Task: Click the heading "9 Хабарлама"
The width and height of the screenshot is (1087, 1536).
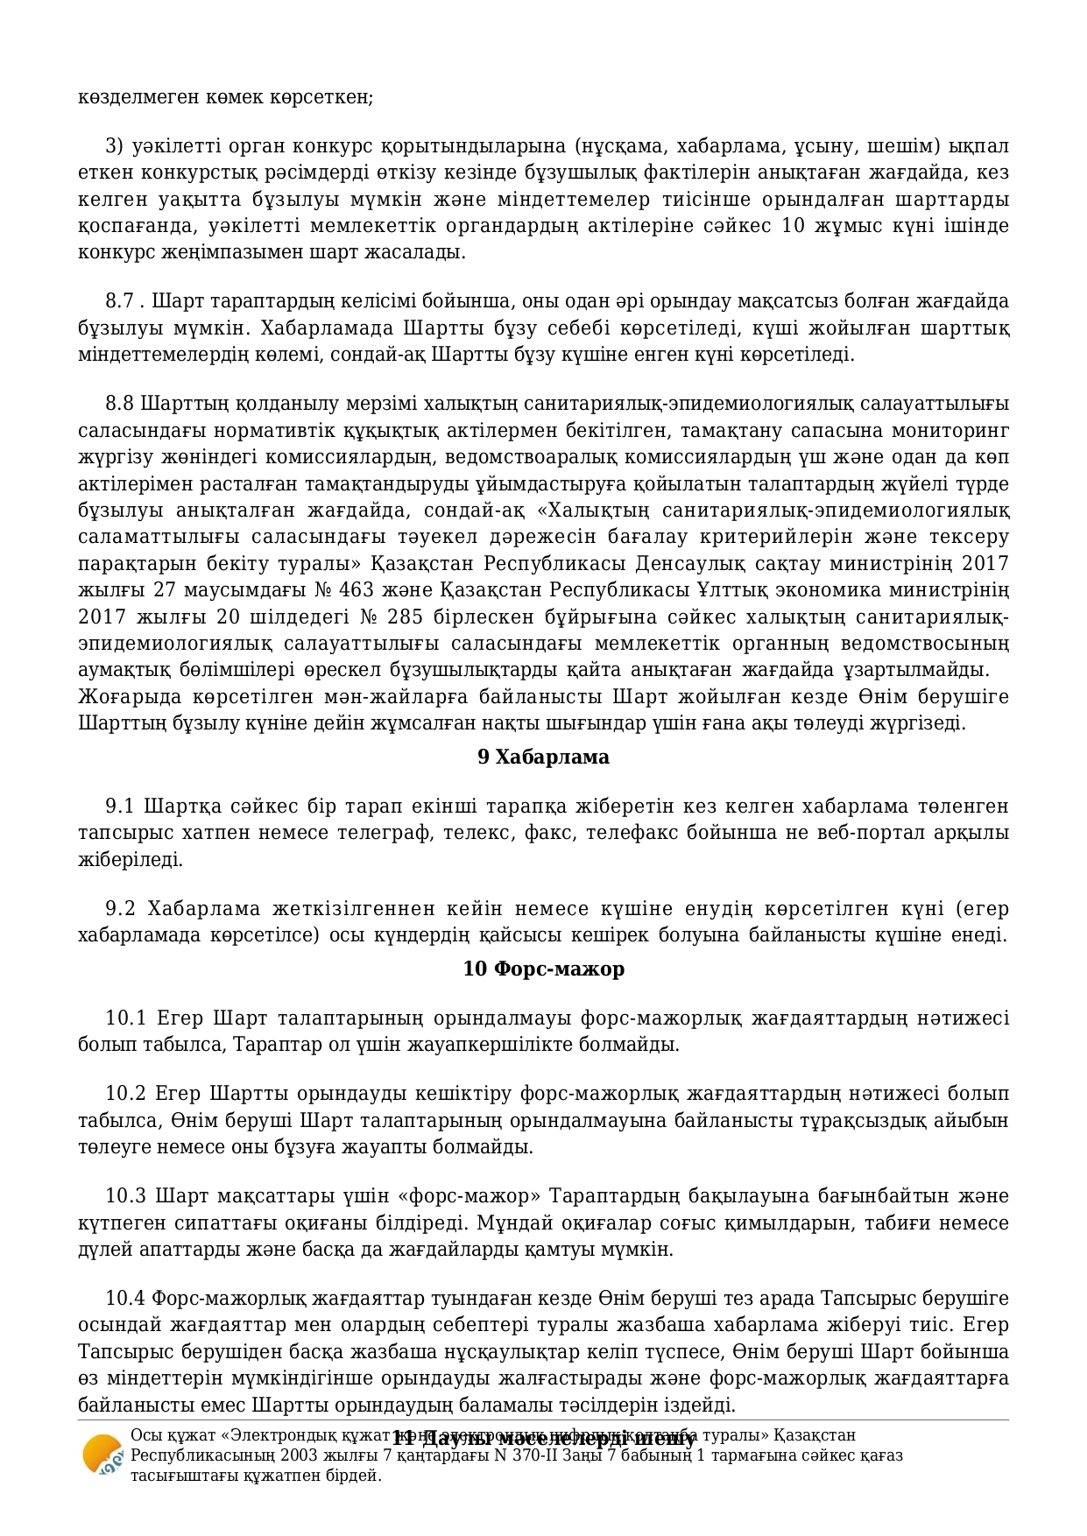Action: [x=543, y=757]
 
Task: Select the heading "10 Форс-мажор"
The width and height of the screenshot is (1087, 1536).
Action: [x=543, y=969]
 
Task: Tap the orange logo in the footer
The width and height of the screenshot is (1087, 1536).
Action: [x=102, y=1462]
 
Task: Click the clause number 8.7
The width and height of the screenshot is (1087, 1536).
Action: [x=120, y=302]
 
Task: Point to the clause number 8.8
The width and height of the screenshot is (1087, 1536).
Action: [x=120, y=405]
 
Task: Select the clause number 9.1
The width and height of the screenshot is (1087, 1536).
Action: [x=120, y=807]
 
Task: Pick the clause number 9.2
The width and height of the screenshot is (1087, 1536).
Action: [x=121, y=908]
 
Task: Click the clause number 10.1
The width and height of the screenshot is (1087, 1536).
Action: [x=125, y=1018]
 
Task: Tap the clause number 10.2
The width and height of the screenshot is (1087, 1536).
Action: [x=125, y=1095]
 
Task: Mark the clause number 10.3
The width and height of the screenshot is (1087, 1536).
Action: [x=125, y=1197]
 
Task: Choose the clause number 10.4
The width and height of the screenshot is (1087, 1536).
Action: [x=125, y=1299]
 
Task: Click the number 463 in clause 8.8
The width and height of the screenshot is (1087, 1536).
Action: [x=356, y=590]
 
